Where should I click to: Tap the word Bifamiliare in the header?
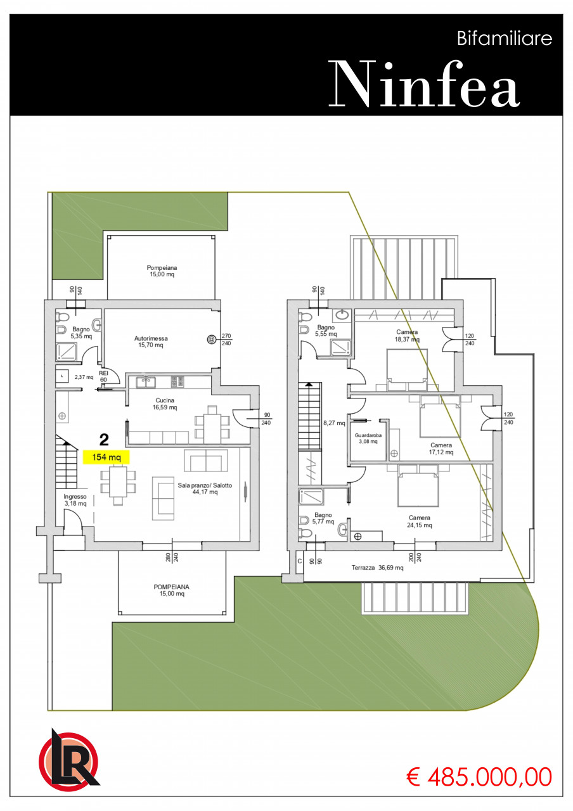[504, 39]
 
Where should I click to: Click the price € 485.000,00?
[479, 777]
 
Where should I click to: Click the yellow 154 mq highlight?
[106, 457]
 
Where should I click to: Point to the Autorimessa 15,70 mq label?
[151, 342]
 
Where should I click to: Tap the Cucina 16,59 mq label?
[165, 404]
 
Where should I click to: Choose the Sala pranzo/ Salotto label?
[205, 489]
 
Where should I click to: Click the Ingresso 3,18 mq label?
[75, 500]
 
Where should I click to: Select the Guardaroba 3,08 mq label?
[368, 438]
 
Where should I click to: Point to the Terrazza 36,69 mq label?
[377, 568]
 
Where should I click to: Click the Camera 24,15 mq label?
[420, 521]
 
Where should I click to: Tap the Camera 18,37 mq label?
[407, 336]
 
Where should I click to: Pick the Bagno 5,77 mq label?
[323, 518]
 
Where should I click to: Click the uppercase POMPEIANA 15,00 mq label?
[172, 590]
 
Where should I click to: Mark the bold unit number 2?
[104, 440]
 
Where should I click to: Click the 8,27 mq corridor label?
[334, 423]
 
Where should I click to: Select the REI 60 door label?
[103, 376]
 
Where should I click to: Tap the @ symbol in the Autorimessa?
[211, 339]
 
